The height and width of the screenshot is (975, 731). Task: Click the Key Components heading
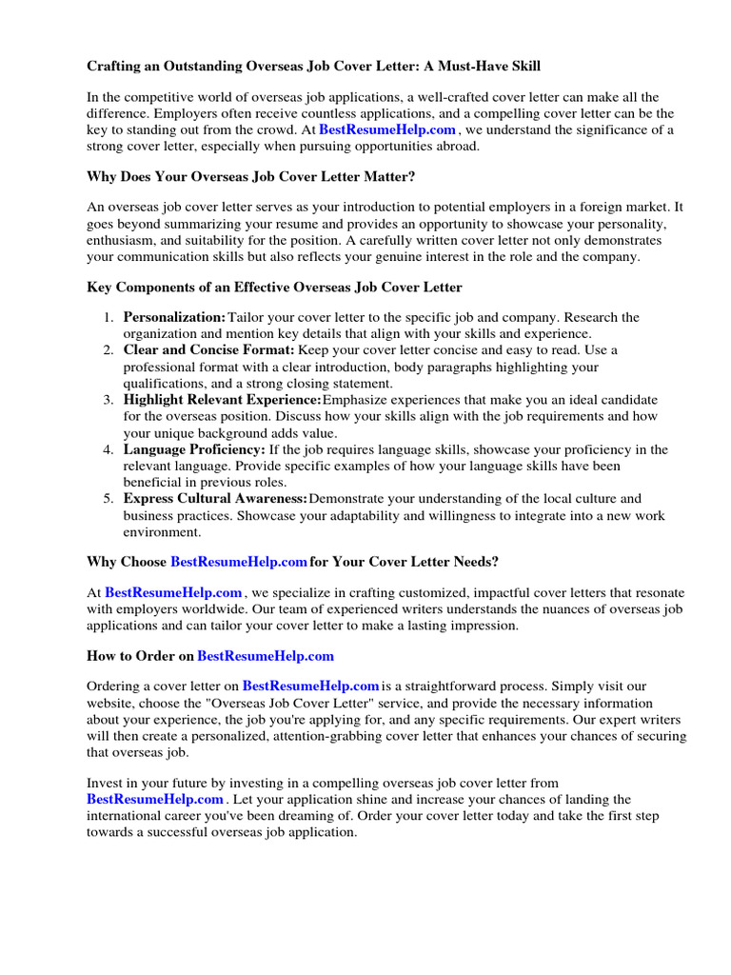pyautogui.click(x=274, y=288)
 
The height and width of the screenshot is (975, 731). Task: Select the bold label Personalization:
pyautogui.click(x=175, y=317)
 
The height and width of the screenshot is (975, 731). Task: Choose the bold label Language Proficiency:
pyautogui.click(x=194, y=449)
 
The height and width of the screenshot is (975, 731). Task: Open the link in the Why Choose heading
pyautogui.click(x=239, y=562)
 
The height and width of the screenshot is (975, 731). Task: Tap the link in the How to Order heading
pyautogui.click(x=266, y=656)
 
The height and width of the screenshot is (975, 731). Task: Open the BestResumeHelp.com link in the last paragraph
pyautogui.click(x=155, y=799)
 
